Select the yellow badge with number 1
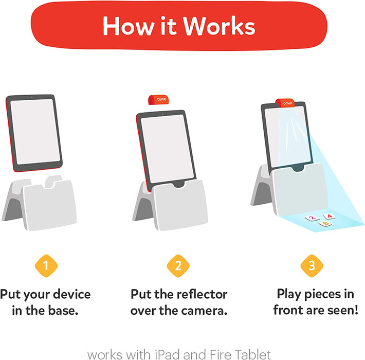[46, 266]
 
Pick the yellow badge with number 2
[178, 266]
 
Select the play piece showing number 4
[328, 217]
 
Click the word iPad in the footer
[160, 354]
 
